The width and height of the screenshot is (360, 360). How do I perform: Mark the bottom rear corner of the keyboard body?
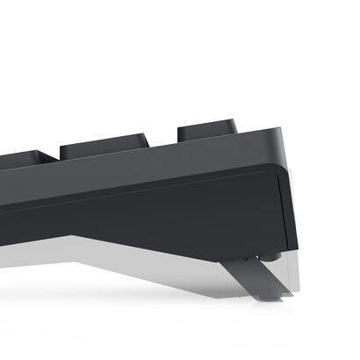(x=288, y=248)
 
